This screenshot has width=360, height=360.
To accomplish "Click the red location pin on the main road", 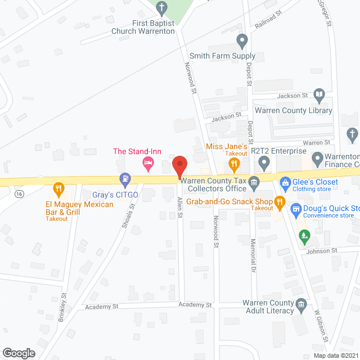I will pyautogui.click(x=179, y=166).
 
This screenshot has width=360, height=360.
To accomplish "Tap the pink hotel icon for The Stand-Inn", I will pyautogui.click(x=147, y=164).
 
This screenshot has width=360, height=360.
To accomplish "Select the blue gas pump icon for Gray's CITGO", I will pyautogui.click(x=125, y=179).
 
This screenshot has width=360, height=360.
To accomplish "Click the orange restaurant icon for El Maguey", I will pyautogui.click(x=58, y=188).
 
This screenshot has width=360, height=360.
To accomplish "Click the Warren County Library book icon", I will pyautogui.click(x=319, y=96).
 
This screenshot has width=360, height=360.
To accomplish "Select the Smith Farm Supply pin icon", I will pyautogui.click(x=242, y=40).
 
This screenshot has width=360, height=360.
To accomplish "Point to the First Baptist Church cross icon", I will pyautogui.click(x=162, y=8).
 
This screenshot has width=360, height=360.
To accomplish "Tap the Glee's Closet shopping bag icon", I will pyautogui.click(x=286, y=182).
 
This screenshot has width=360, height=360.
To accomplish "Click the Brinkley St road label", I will pyautogui.click(x=62, y=307).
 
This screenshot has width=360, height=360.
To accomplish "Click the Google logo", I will pyautogui.click(x=19, y=353).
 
